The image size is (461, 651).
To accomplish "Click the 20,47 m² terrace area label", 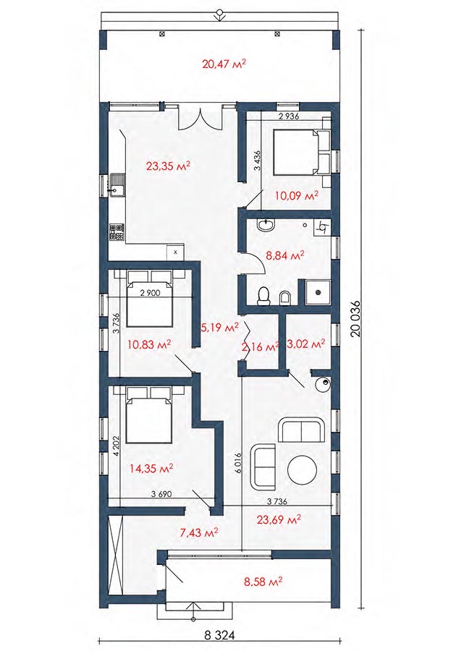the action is pyautogui.click(x=224, y=64).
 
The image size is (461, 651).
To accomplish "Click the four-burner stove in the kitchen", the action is pyautogui.click(x=117, y=232).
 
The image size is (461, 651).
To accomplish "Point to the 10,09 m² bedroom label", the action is pyautogui.click(x=297, y=195).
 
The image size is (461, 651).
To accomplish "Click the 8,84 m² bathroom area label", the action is pyautogui.click(x=285, y=255).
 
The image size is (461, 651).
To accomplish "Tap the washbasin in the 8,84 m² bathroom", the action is pyautogui.click(x=265, y=225).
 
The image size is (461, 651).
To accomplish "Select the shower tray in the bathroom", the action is pyautogui.click(x=318, y=292).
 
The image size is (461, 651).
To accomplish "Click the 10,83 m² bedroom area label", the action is pyautogui.click(x=150, y=344).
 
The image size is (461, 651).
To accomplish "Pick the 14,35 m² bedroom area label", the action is pyautogui.click(x=151, y=469).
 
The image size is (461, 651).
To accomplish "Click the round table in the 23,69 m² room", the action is pyautogui.click(x=303, y=470).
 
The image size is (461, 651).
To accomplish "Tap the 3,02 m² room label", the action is pyautogui.click(x=305, y=344).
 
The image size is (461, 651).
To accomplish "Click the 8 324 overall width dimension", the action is pyautogui.click(x=220, y=635).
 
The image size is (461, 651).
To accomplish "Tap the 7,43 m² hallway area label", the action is pyautogui.click(x=199, y=532).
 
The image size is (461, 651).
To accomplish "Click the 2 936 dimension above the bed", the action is pyautogui.click(x=289, y=116).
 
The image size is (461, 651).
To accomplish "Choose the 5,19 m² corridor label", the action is pyautogui.click(x=220, y=328).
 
